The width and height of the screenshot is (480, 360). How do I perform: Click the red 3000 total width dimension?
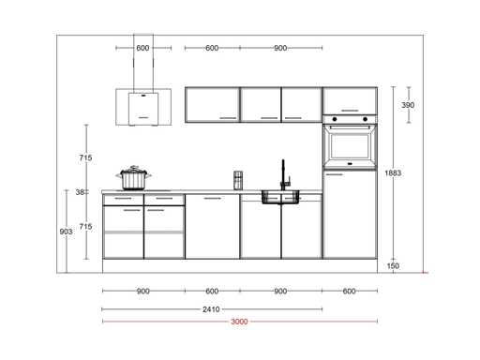tap(239, 322)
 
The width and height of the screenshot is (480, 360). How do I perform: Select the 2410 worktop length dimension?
tap(211, 309)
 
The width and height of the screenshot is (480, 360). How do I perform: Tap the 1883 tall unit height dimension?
tap(393, 172)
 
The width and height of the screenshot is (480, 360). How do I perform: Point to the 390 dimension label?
tap(408, 105)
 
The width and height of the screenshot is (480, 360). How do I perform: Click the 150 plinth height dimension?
tap(393, 266)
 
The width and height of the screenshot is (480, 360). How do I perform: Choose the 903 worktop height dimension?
tap(66, 232)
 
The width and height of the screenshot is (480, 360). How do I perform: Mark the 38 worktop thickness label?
tap(80, 192)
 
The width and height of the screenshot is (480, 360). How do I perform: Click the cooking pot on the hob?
tap(134, 177)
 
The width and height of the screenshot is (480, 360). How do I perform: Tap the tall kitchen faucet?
tap(284, 174)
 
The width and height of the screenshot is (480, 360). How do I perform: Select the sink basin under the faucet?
tap(280, 197)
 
